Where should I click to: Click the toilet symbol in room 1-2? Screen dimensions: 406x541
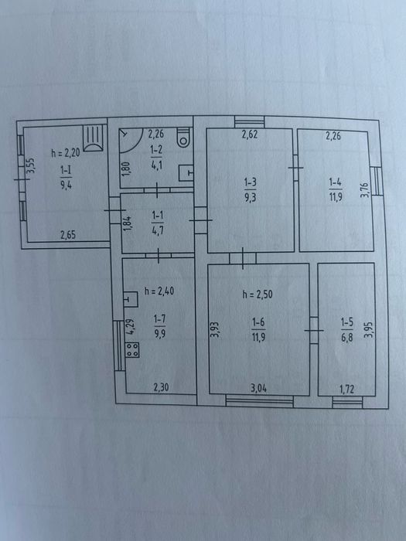(x=183, y=138)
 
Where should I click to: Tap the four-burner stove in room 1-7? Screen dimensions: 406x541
(x=132, y=350)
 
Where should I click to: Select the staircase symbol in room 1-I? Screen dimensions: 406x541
(x=94, y=138)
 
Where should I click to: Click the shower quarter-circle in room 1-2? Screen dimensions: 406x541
(x=131, y=141)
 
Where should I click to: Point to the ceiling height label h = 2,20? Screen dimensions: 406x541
(x=66, y=152)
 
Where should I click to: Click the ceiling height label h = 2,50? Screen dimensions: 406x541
(x=258, y=294)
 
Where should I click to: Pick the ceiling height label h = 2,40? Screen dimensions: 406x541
(x=159, y=291)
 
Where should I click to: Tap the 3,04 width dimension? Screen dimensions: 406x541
(x=258, y=389)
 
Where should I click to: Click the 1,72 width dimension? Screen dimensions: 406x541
(x=347, y=390)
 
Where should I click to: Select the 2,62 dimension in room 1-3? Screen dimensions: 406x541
(x=250, y=134)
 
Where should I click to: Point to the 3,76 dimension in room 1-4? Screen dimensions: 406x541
(x=365, y=190)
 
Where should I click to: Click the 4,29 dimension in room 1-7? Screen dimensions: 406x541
(x=130, y=327)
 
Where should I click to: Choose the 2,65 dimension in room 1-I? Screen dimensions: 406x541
(x=68, y=235)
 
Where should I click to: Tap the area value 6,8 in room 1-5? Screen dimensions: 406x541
(x=347, y=338)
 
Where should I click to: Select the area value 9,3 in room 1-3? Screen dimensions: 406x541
(x=250, y=198)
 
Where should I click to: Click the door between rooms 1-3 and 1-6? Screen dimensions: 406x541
(x=243, y=258)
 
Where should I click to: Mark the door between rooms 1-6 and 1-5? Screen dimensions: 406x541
(x=314, y=331)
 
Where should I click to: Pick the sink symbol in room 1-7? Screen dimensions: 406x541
(x=131, y=300)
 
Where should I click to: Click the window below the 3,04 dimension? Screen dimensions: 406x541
(x=260, y=401)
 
